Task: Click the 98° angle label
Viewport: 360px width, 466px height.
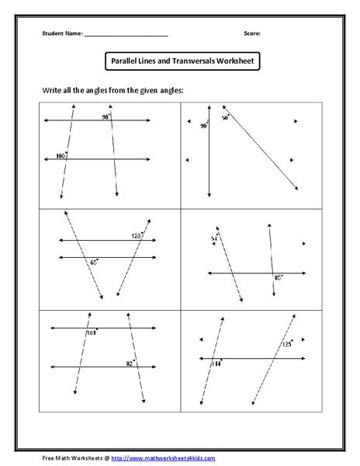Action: [105, 117]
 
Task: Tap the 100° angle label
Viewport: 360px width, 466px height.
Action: [61, 155]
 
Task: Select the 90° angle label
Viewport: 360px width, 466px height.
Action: [203, 125]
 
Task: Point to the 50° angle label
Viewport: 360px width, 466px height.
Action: [226, 118]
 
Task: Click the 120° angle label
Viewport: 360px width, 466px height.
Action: [137, 235]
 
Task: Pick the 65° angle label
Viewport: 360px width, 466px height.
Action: [94, 263]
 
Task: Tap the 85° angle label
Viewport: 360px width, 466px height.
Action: [277, 277]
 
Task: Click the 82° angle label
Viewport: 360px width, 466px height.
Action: [130, 362]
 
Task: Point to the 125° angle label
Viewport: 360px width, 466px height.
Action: [286, 343]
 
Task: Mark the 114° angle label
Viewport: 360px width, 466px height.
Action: [216, 363]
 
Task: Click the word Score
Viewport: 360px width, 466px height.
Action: [251, 34]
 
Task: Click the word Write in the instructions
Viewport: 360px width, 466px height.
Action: [52, 91]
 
